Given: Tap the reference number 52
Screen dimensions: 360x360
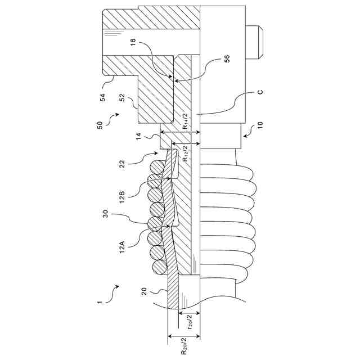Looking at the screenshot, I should pyautogui.click(x=123, y=97).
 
